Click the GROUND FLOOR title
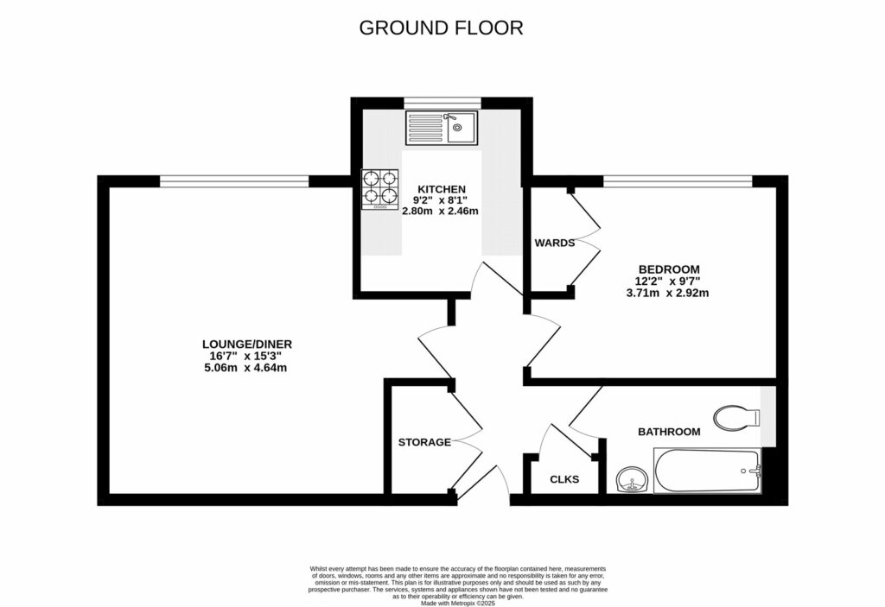442,28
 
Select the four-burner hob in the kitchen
380,189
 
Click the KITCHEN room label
442,189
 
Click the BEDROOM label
667,269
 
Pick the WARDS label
555,243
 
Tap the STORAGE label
424,442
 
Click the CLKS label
564,479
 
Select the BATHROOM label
669,431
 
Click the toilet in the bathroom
735,416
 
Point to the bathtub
707,471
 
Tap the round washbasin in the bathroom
633,479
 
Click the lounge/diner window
233,180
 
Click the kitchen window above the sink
442,102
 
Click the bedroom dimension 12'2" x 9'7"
667,281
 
